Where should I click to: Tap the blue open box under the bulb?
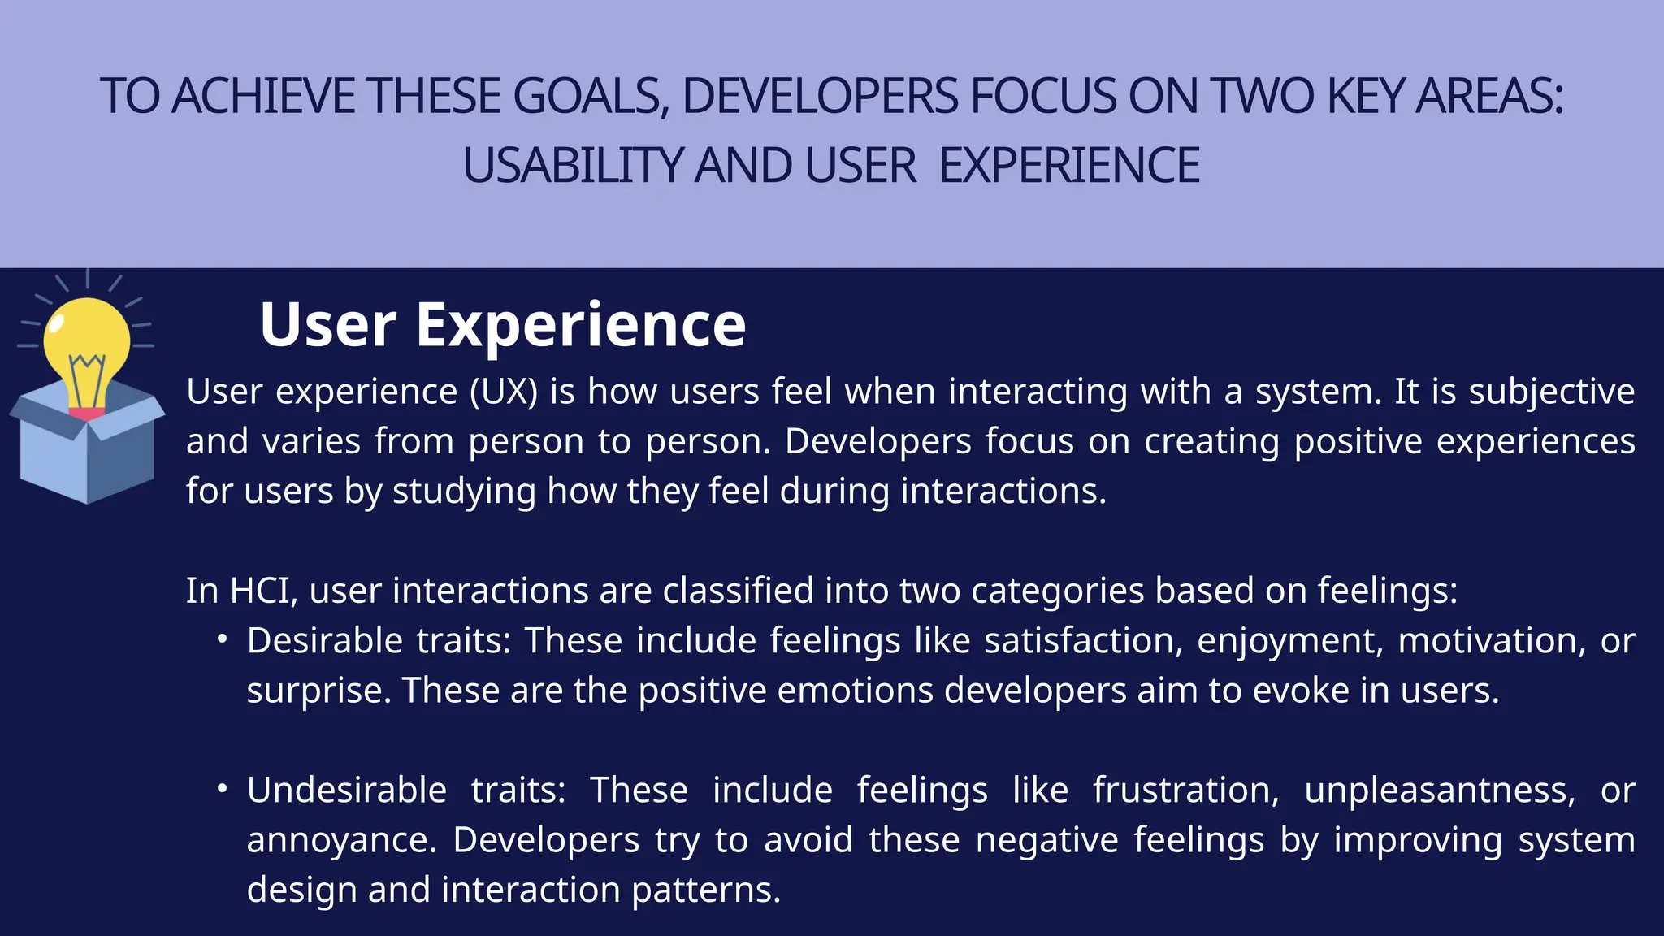[x=86, y=455]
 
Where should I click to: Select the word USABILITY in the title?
[x=573, y=166]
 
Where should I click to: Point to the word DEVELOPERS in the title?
[x=819, y=96]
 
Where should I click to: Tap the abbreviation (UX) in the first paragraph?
[x=504, y=392]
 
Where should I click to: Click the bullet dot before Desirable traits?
[x=222, y=640]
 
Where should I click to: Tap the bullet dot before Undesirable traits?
[x=222, y=790]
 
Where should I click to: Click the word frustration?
[x=1185, y=791]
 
